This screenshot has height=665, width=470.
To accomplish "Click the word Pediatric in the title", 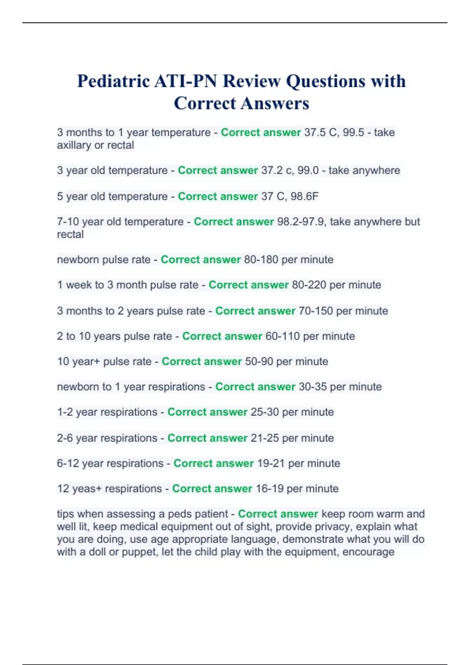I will coord(113,81).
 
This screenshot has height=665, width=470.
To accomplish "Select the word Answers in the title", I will coord(275,104).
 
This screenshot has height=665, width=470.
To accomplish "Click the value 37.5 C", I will coord(321,133).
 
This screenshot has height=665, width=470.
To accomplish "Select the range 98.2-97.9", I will coord(300,222).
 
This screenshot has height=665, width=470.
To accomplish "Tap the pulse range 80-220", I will coord(309,285).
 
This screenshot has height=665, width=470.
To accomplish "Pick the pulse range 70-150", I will coord(315,311).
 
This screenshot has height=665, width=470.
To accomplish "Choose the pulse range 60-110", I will coord(282,336).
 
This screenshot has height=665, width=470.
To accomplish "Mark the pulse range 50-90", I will coord(259,361).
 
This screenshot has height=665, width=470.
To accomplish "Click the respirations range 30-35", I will coord(313,387).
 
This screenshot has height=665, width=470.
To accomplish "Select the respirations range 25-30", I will coord(264,412).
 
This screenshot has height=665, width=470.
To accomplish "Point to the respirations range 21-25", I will coord(264,438).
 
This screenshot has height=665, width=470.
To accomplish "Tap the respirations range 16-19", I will coord(269,489).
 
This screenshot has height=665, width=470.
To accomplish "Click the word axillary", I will coord(74,145).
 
